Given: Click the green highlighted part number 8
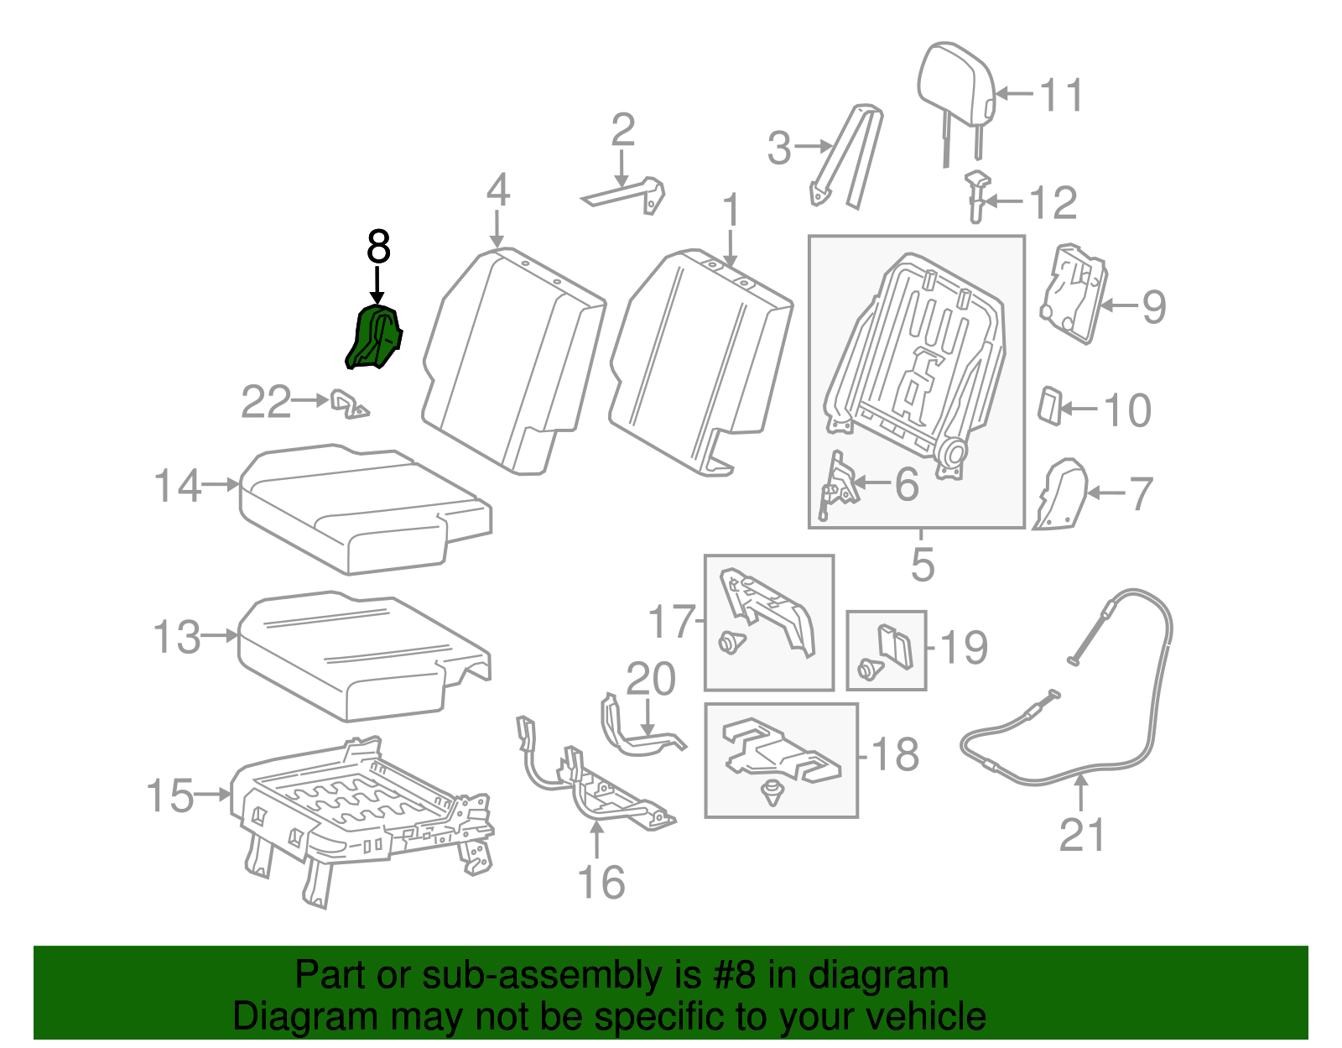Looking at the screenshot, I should pos(374,338).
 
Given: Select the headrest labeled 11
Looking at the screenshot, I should pos(955,85).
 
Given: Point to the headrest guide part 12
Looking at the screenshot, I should pos(976,195).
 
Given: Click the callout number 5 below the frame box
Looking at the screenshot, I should pos(922,564).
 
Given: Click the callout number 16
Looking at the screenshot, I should pos(601,882).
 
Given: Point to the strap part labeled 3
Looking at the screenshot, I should pos(847,155).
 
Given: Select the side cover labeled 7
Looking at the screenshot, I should pos(1062,495).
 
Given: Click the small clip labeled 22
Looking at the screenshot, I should pos(348,403).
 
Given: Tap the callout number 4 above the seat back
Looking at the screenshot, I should pos(497,190).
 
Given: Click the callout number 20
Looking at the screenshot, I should pos(651,680).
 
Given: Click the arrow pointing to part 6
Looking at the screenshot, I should pos(872,483).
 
